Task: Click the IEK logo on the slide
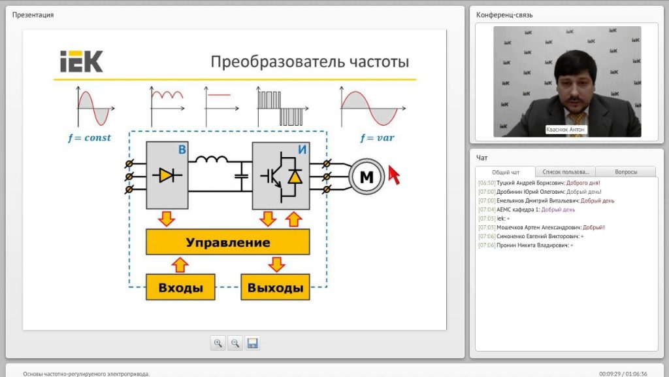tap(82, 62)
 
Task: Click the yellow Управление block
tap(228, 242)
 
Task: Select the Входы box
tap(180, 287)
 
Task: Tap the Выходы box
tap(275, 287)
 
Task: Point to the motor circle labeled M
tap(367, 177)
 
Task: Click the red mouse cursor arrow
tap(394, 175)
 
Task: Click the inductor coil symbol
tap(211, 160)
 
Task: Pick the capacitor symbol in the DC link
tap(242, 175)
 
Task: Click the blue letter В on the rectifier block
tap(182, 150)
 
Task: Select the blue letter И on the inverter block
tap(302, 150)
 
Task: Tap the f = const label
tap(89, 137)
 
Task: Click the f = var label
tap(377, 137)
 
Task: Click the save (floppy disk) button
tap(253, 343)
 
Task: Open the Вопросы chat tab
tap(626, 172)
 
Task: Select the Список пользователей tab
tap(565, 172)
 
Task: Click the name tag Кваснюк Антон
tap(565, 130)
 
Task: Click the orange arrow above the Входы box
tap(180, 265)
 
